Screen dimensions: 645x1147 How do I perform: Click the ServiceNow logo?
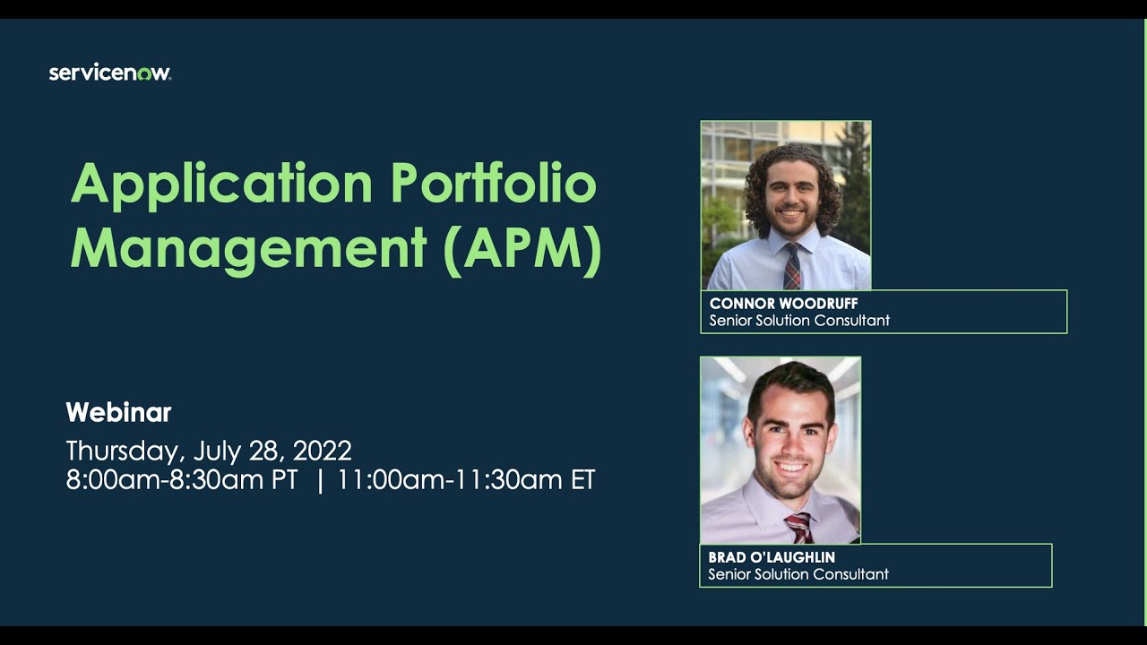(x=109, y=73)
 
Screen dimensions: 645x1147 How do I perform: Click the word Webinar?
(x=118, y=413)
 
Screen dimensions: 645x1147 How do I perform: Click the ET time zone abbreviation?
(x=582, y=480)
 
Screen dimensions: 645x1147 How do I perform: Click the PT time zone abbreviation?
(x=284, y=480)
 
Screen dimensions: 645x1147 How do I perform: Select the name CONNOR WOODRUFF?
(x=783, y=304)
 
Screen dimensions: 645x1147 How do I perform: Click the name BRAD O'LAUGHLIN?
(x=772, y=557)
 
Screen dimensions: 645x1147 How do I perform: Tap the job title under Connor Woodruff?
(x=799, y=321)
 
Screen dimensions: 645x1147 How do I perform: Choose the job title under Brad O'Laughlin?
(x=798, y=574)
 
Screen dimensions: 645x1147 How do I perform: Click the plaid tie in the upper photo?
(x=792, y=267)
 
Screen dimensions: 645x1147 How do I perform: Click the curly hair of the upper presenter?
(x=758, y=179)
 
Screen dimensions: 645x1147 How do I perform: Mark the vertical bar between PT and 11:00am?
(x=320, y=480)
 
